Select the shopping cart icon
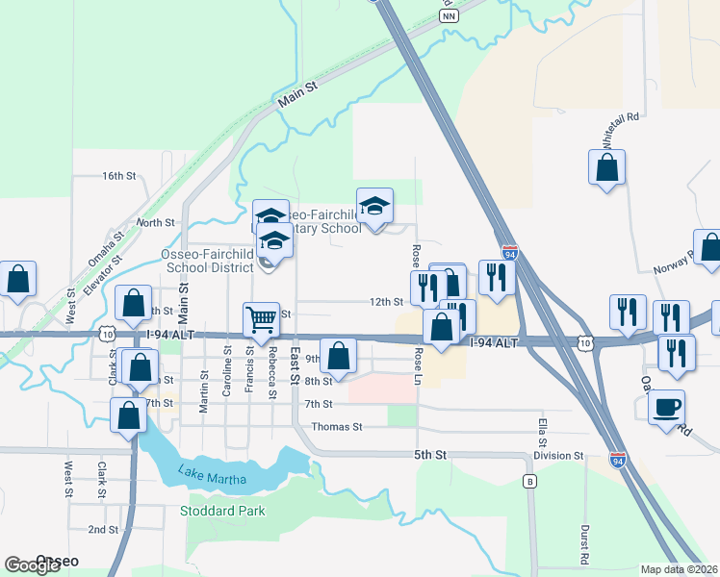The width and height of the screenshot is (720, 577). click(262, 320)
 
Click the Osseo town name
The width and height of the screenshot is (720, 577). click(57, 561)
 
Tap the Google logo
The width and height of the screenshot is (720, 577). click(32, 565)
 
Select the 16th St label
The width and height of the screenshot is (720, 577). click(120, 176)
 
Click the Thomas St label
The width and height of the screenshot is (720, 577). click(336, 426)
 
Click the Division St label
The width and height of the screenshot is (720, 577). click(560, 456)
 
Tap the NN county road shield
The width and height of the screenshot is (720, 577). click(447, 16)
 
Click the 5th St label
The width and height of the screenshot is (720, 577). click(432, 453)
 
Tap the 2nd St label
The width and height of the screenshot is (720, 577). click(102, 530)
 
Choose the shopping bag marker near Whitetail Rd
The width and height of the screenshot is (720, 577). click(607, 169)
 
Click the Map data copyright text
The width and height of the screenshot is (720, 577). click(680, 569)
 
